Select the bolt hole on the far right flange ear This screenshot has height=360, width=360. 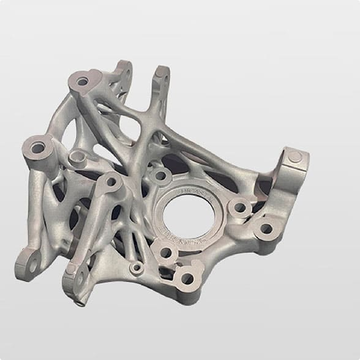[266, 229]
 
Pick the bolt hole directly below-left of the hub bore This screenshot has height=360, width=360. [165, 252]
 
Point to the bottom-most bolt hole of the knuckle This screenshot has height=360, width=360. [187, 279]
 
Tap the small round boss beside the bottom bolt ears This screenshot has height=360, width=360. [137, 268]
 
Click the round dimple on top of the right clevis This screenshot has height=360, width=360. [295, 157]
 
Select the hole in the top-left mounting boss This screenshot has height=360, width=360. [82, 81]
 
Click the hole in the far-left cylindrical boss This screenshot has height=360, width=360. [38, 148]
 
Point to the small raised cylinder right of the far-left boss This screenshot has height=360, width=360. [77, 157]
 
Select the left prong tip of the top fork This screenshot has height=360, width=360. [123, 67]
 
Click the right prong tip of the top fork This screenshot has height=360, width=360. [162, 72]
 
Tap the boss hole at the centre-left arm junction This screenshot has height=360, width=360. [111, 182]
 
